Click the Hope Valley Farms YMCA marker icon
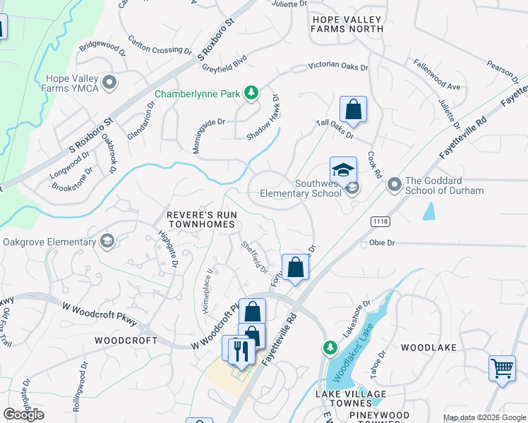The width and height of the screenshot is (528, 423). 109,83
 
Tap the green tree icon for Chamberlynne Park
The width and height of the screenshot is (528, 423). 251,92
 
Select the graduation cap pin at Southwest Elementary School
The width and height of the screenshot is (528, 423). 343,171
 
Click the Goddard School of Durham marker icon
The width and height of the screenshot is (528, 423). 394,185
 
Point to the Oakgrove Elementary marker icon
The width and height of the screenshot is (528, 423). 107,242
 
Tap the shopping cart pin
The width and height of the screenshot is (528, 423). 502,368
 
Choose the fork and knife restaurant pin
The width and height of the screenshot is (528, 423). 241,351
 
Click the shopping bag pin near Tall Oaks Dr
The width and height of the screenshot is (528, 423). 353,110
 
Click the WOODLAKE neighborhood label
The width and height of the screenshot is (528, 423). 428,348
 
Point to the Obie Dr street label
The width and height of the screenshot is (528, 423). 381,243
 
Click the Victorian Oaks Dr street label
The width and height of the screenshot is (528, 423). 338,68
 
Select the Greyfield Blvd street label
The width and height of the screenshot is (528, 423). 226,61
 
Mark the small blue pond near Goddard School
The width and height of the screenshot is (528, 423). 428,211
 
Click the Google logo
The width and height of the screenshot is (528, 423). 23,415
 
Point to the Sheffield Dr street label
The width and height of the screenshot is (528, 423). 253,258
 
